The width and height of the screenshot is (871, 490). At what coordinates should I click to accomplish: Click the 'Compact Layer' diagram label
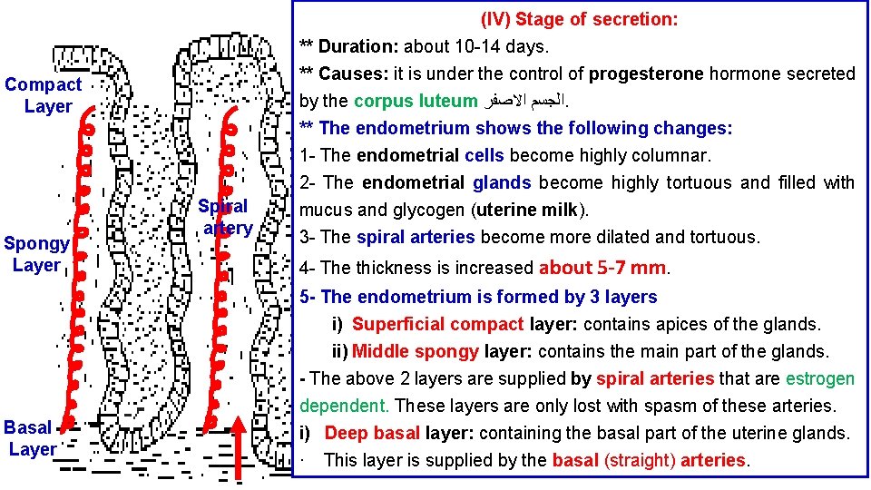[x=43, y=95]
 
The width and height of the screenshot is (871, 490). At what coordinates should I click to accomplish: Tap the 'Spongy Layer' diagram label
[x=35, y=254]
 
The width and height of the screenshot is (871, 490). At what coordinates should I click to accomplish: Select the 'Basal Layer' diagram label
[x=32, y=437]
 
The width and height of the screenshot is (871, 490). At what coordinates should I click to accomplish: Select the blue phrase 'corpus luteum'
[x=416, y=101]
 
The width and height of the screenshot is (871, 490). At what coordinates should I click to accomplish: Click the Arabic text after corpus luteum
[x=522, y=101]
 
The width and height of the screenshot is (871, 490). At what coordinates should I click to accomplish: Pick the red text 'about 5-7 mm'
[x=602, y=268]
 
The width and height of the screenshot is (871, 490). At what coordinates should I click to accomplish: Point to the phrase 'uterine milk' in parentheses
[x=531, y=211]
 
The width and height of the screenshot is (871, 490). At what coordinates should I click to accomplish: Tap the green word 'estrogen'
[x=820, y=378]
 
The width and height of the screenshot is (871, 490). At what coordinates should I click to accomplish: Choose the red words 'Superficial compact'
[x=438, y=324]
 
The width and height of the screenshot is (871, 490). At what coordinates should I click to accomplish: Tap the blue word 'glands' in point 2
[x=502, y=182]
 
